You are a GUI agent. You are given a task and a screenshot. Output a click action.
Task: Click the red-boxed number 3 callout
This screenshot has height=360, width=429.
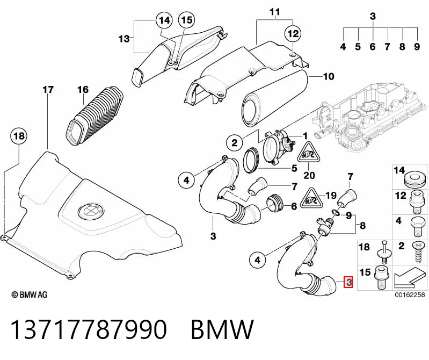[x=348, y=282]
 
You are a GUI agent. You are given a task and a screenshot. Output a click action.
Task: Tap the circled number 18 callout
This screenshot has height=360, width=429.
[x=19, y=136]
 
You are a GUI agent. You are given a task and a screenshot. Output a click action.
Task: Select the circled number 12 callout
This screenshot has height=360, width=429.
[x=293, y=34]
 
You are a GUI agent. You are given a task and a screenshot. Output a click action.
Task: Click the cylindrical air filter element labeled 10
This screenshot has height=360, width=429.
[x=274, y=98]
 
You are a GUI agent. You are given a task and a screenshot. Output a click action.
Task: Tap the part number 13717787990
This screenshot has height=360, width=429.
[x=89, y=329]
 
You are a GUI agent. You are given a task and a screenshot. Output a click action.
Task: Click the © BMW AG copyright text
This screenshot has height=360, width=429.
[x=30, y=294]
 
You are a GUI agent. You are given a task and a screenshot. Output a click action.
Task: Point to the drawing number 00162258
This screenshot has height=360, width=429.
[x=410, y=294]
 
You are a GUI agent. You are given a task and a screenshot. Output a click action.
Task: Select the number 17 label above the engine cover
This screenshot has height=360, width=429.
[x=48, y=90]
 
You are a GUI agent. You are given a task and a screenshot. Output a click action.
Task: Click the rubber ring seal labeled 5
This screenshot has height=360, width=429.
[x=251, y=161]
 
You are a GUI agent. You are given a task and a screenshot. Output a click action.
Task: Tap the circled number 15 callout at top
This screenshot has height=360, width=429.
[x=187, y=20]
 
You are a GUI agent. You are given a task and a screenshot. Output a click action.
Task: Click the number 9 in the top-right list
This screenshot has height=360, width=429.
[x=417, y=47]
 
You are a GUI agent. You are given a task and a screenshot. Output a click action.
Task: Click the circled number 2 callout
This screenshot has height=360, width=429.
[x=235, y=143]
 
